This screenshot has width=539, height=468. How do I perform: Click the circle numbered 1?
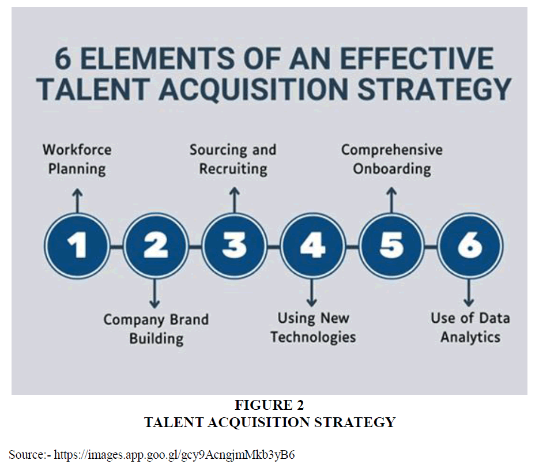(x=77, y=246)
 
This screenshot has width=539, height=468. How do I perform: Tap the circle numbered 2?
(x=156, y=246)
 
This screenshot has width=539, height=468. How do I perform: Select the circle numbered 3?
(x=235, y=246)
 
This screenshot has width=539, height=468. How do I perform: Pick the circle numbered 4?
(x=313, y=246)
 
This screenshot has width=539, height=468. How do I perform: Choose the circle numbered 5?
(x=391, y=246)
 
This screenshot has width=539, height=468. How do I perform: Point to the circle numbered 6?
(x=470, y=246)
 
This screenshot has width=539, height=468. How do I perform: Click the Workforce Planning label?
(x=77, y=160)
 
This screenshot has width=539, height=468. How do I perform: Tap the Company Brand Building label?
(x=156, y=329)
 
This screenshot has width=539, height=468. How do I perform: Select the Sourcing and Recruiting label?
(x=233, y=160)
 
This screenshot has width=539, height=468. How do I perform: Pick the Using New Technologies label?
(x=313, y=327)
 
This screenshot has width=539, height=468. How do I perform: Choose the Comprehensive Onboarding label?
(x=392, y=160)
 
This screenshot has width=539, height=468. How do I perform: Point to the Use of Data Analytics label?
(x=470, y=327)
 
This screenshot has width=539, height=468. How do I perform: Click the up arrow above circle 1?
(x=78, y=201)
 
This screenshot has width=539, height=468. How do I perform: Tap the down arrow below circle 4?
(x=312, y=292)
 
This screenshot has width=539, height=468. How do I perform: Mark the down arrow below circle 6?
(x=469, y=292)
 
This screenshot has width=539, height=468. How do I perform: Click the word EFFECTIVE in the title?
(x=417, y=58)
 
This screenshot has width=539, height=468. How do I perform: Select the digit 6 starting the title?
(x=63, y=58)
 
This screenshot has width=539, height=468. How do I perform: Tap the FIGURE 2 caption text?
(x=270, y=405)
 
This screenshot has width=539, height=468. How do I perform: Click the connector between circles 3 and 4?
(x=274, y=246)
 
